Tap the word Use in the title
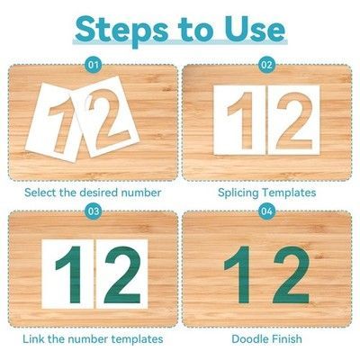(255, 29)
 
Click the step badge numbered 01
(93, 65)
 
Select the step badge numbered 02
(266, 65)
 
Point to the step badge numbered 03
(94, 211)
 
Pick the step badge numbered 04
(266, 211)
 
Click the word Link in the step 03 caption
(33, 339)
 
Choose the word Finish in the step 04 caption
(287, 339)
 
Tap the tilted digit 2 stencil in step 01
(106, 117)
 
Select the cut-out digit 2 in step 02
(293, 121)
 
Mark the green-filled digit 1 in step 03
(70, 274)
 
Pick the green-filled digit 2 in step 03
(122, 274)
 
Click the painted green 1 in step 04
(239, 274)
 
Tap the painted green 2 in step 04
(291, 274)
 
